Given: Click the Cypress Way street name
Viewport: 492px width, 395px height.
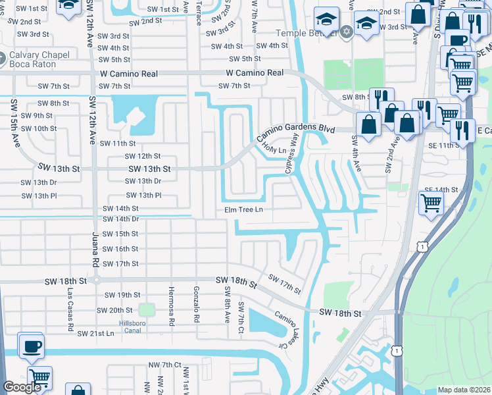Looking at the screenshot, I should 292,154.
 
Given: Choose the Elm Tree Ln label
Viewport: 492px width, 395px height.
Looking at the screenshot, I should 241,210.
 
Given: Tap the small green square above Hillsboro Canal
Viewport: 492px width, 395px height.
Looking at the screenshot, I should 146,309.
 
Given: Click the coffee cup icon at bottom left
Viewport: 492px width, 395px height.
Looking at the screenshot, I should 32,346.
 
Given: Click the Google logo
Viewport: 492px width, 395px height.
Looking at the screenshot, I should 22,387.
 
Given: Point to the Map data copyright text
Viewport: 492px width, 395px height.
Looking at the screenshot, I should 463,390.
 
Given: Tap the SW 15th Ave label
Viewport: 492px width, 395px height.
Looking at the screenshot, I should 12,121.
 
